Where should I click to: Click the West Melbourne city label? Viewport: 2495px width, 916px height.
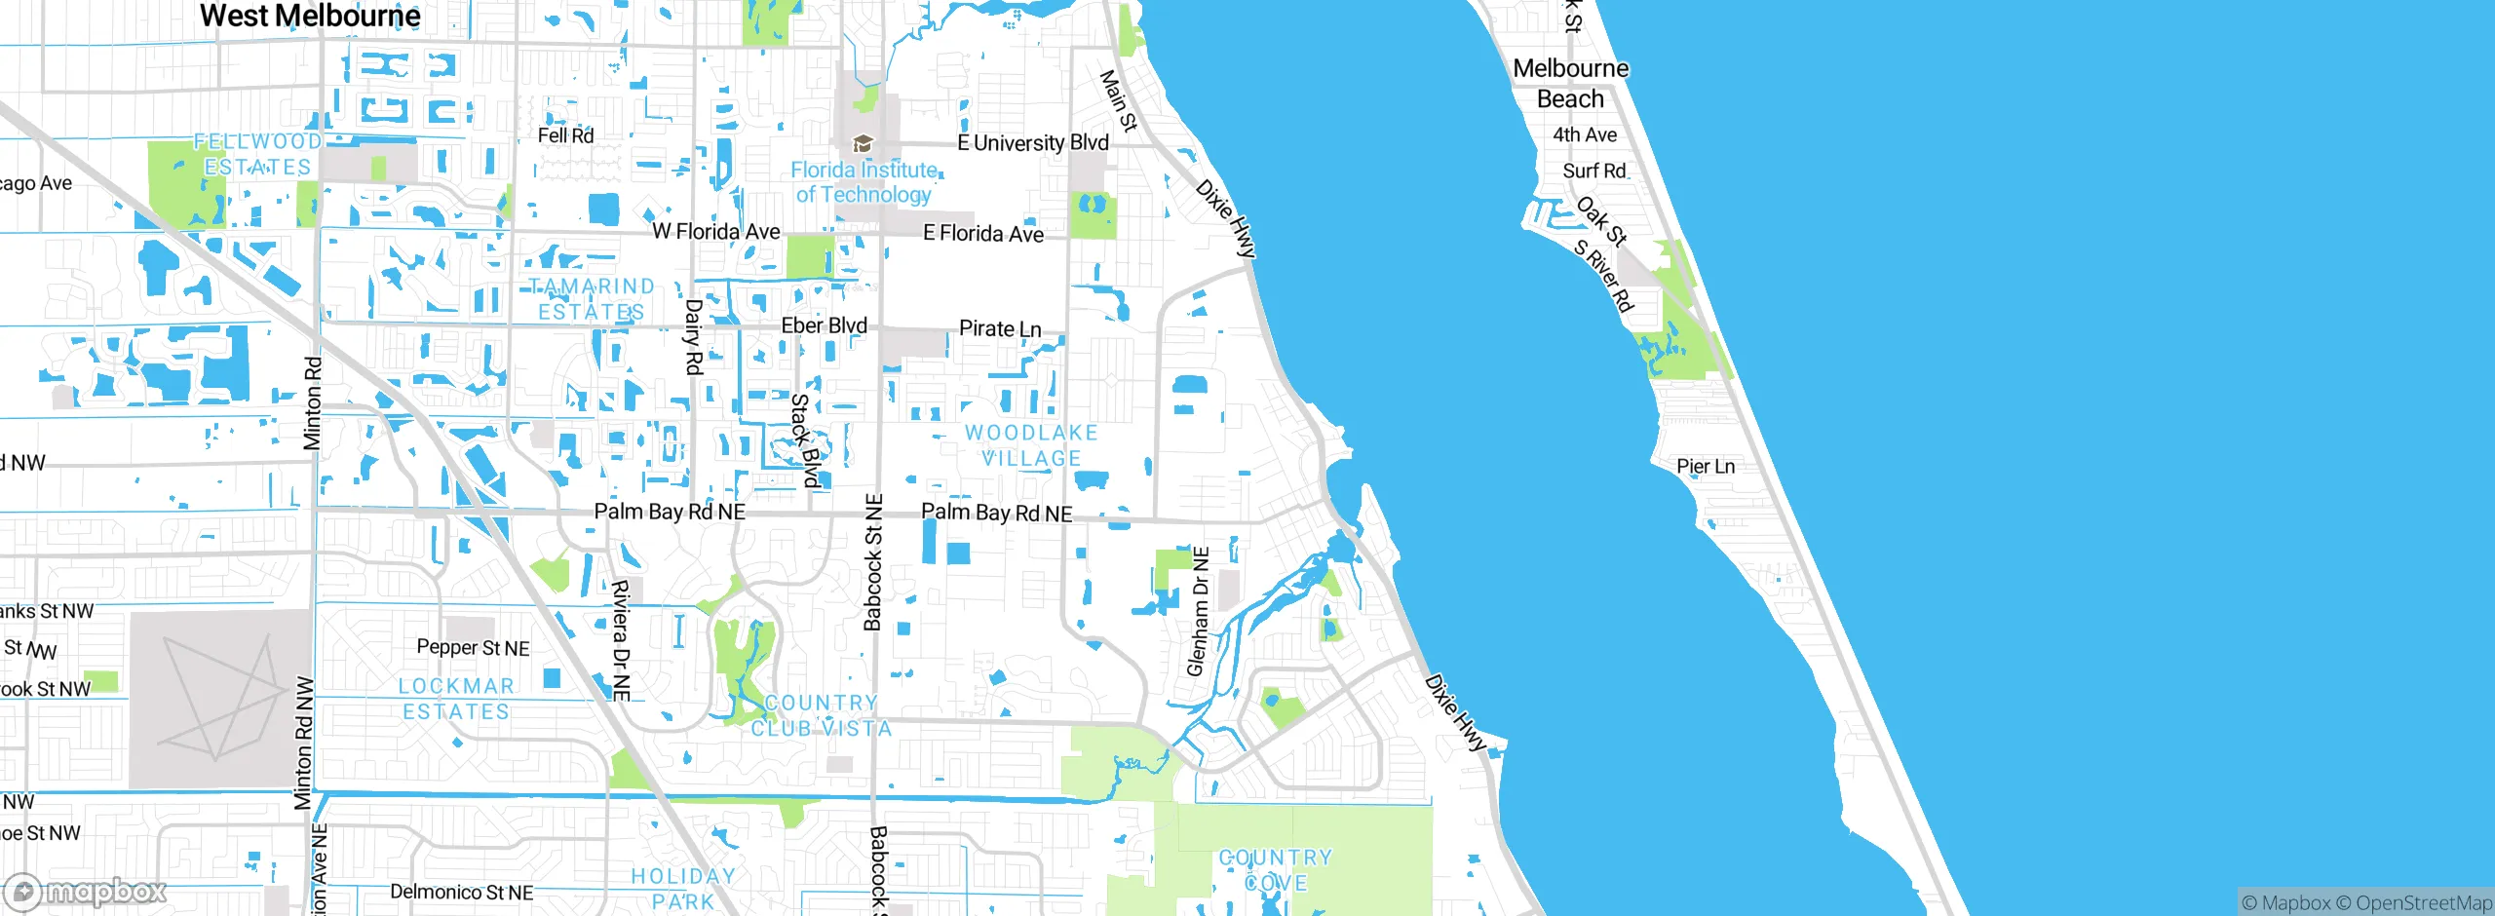(310, 16)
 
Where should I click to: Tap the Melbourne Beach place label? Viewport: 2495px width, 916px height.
(1570, 84)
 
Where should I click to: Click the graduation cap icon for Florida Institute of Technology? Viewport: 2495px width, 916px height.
(862, 144)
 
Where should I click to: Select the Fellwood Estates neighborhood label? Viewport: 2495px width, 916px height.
(257, 154)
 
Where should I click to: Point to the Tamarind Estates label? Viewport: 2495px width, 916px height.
(592, 298)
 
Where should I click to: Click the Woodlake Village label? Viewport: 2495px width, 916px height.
(1031, 445)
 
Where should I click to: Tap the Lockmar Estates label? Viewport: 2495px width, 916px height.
(456, 699)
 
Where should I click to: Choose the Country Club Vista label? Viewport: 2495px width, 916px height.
(821, 715)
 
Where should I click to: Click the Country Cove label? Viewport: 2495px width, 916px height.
(1276, 869)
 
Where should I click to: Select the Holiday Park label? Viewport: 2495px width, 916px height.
(683, 889)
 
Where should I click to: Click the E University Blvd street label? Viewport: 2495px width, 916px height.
(1033, 143)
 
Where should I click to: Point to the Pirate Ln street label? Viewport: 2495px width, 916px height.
(1000, 328)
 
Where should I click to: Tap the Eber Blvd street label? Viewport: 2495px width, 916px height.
(825, 325)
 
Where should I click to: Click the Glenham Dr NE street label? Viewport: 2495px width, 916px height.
(1198, 612)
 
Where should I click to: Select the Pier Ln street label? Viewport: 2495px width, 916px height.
(1706, 466)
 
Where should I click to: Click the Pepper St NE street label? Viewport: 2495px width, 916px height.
(473, 647)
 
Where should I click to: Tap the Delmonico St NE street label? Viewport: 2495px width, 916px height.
(461, 892)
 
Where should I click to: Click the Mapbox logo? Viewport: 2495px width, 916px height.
(86, 892)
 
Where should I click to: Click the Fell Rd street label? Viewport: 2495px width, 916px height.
(565, 135)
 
